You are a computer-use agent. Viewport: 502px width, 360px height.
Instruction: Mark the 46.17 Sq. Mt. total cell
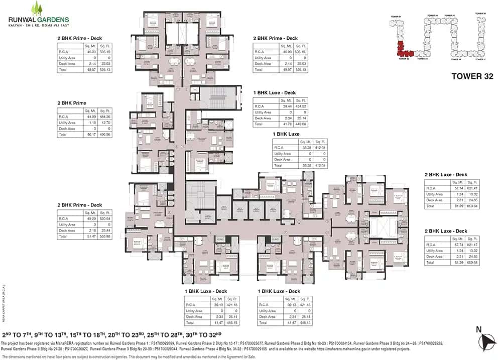pos(91,135)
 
